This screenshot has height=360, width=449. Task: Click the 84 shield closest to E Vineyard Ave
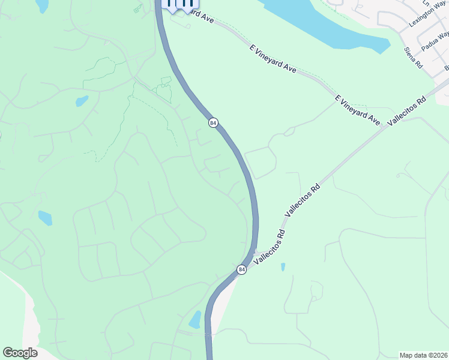click(213, 123)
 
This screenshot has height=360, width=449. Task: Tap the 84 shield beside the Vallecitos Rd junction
click(241, 270)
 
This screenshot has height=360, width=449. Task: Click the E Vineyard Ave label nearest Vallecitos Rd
click(358, 110)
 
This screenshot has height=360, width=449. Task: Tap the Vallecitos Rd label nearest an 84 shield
click(268, 247)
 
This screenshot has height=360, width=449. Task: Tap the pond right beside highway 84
click(195, 320)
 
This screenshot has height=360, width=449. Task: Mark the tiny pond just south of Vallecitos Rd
click(283, 267)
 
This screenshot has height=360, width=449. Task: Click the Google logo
click(20, 353)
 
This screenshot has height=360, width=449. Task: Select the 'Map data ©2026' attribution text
click(424, 355)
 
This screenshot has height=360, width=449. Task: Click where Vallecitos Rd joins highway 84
click(255, 253)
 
